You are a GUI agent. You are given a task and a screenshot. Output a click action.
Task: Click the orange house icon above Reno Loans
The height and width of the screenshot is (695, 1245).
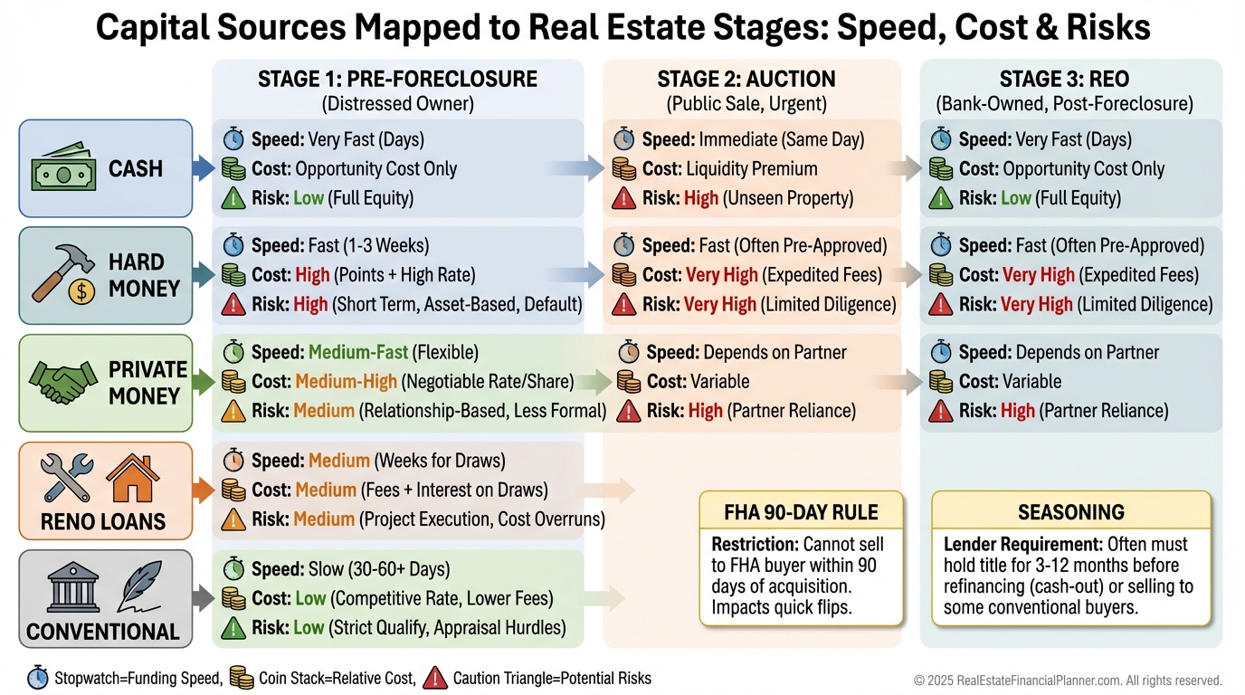coord(133,478)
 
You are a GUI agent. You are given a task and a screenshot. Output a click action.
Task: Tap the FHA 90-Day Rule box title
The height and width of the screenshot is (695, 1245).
coord(802,512)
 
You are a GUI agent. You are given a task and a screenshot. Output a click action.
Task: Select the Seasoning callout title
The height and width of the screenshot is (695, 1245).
coord(1070,512)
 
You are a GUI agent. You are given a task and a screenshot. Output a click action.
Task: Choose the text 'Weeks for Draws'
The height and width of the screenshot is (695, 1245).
coord(432,461)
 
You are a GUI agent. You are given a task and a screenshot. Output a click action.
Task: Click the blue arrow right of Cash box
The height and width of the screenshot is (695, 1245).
coord(203,168)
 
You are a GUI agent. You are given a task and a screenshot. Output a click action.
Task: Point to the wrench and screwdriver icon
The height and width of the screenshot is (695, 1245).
coord(66,478)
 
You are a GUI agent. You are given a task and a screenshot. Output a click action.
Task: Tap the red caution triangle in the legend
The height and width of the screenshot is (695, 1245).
coord(435,678)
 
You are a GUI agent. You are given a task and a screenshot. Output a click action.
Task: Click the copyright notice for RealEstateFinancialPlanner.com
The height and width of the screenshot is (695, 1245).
coord(1068,681)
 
